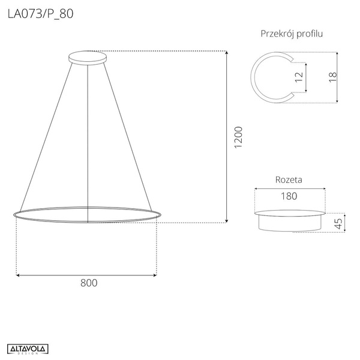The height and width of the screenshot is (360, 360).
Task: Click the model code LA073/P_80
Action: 41,14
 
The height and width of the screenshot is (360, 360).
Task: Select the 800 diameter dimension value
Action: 88,283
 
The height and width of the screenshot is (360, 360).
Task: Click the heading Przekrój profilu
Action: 292,34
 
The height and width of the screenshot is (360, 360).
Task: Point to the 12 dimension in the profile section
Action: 299,77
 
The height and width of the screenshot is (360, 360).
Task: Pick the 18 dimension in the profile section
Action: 333,77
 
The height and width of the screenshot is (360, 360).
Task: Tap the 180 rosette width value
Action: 290,196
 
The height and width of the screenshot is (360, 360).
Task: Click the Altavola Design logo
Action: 28,349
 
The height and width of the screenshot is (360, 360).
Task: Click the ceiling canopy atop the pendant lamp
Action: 88,58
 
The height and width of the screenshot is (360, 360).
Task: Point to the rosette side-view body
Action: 289,222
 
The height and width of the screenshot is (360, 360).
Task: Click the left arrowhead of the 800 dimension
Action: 18,275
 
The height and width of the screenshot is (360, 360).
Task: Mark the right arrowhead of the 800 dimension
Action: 155,275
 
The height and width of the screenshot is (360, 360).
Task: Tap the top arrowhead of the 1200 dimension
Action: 226,54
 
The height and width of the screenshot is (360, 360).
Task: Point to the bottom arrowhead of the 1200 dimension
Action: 226,220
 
